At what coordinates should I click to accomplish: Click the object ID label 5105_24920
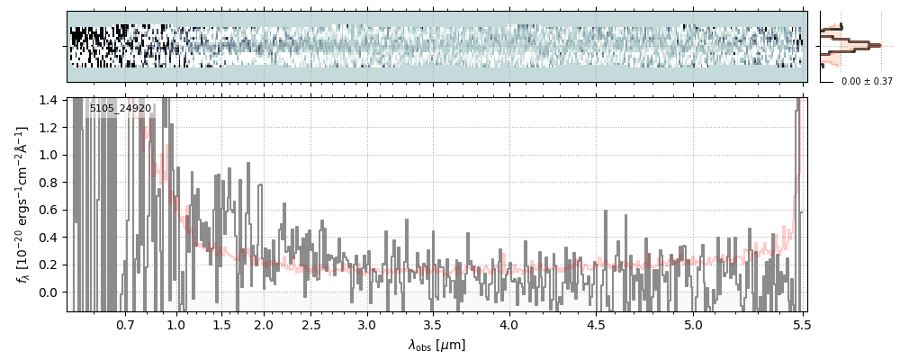pyautogui.click(x=121, y=109)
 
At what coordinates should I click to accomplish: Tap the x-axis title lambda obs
pyautogui.click(x=436, y=346)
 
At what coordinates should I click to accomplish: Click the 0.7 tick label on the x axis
pyautogui.click(x=125, y=324)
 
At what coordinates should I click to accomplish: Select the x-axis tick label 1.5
pyautogui.click(x=221, y=324)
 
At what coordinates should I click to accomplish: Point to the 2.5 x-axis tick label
pyautogui.click(x=311, y=324)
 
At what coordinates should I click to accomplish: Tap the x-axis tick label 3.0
pyautogui.click(x=366, y=324)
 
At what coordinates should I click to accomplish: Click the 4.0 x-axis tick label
pyautogui.click(x=509, y=324)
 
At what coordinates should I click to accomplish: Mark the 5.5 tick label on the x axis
pyautogui.click(x=798, y=324)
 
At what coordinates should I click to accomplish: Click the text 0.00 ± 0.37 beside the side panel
pyautogui.click(x=867, y=81)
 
